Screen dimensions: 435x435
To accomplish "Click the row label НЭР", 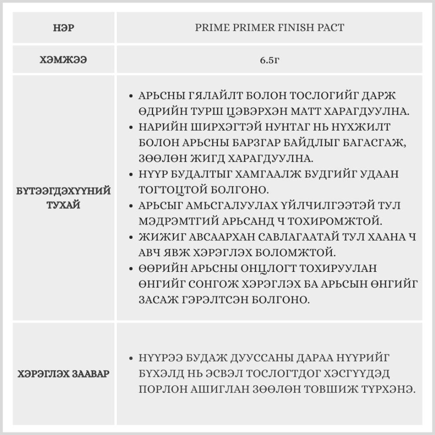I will pyautogui.click(x=64, y=28).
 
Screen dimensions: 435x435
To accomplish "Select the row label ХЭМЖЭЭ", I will pyautogui.click(x=64, y=60).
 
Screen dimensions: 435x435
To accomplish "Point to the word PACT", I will pyautogui.click(x=331, y=28).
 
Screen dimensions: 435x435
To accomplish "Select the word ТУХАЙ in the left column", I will pyautogui.click(x=64, y=205).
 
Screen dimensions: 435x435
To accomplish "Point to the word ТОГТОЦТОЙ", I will pyautogui.click(x=181, y=190).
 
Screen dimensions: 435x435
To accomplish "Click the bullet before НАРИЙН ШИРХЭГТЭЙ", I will pyautogui.click(x=131, y=127).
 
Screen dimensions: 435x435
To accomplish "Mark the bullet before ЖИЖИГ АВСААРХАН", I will pyautogui.click(x=131, y=238).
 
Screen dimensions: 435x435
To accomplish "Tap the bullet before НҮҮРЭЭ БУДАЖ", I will pyautogui.click(x=131, y=358).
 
